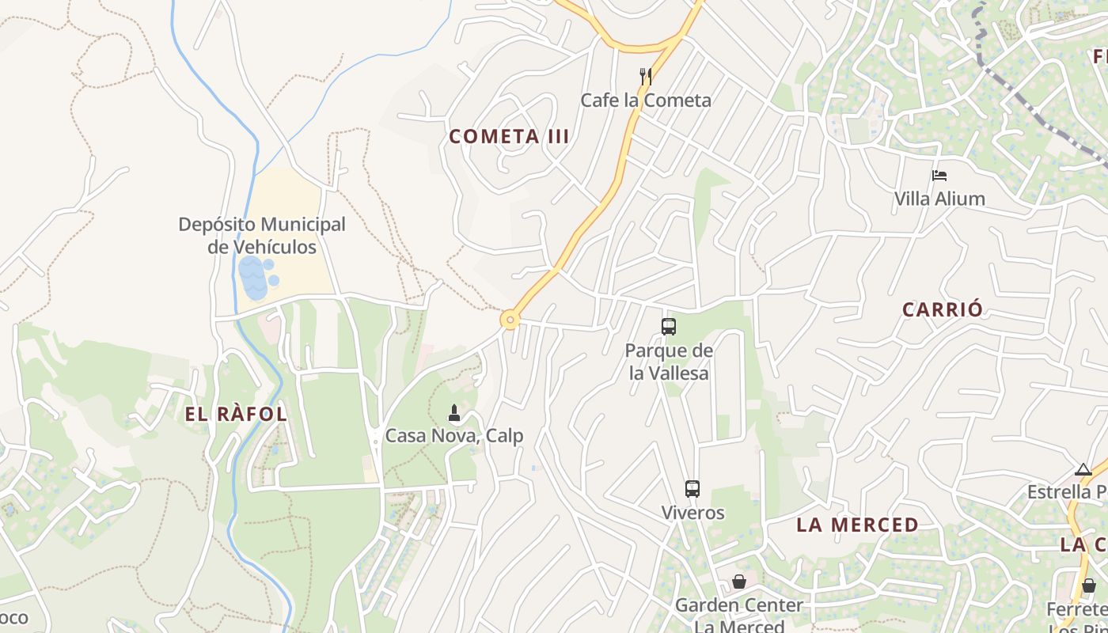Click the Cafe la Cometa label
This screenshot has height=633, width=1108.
pos(646,100)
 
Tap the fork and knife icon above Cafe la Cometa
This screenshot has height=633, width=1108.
pos(646,77)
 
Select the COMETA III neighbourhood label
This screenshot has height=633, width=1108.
pos(509,136)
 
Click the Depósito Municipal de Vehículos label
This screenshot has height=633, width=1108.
pos(262,235)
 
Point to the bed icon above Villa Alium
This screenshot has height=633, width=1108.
pos(939,176)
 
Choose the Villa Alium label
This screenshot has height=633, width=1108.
pos(939,199)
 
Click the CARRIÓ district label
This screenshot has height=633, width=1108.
pos(943,309)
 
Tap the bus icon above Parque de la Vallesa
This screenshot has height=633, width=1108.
pos(669,326)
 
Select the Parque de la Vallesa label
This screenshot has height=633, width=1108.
pos(669,362)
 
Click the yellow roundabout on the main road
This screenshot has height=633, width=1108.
pos(510,320)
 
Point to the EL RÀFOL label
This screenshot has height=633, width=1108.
pos(236,414)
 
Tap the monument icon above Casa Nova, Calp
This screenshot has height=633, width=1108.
pos(454,412)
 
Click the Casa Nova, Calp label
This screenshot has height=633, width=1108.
pos(454,436)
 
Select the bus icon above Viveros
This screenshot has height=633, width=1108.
pos(692,489)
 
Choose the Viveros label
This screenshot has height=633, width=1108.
pos(692,513)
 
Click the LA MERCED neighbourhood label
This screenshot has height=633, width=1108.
pos(857,525)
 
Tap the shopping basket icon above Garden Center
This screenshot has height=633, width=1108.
pos(738,582)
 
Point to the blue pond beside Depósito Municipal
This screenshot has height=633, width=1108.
pos(254,278)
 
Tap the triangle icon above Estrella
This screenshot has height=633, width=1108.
pos(1083,470)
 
